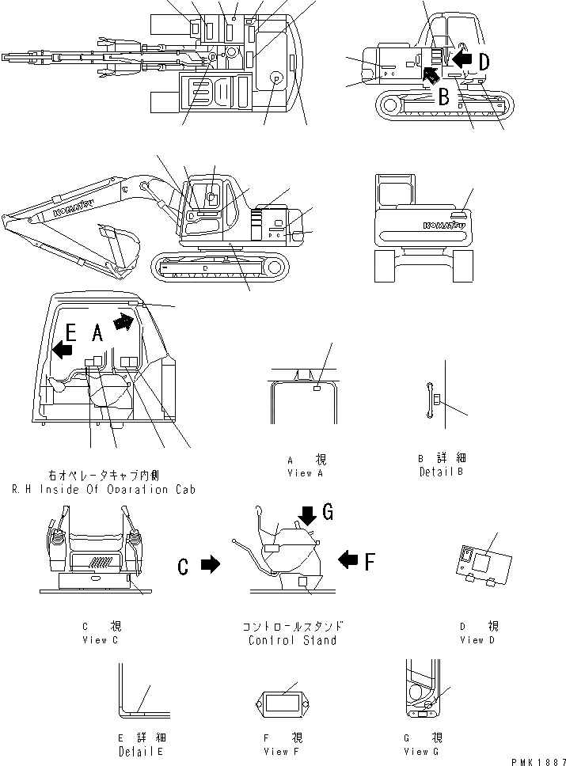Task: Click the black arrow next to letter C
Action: [209, 565]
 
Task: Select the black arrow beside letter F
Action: [348, 561]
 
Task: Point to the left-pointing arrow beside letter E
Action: [63, 349]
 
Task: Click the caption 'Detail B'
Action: [441, 472]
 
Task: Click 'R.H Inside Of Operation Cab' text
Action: [103, 490]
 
